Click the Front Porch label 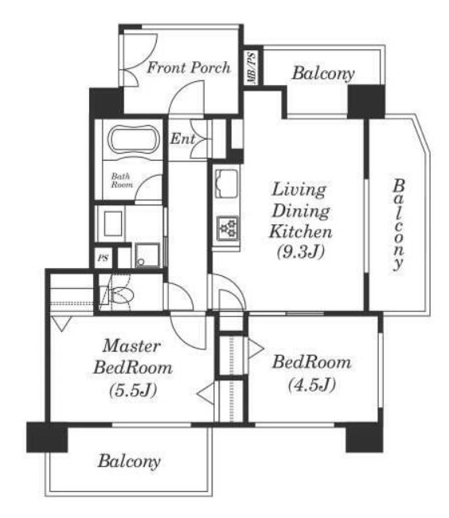point(189,68)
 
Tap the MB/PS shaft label point(252,68)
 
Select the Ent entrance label point(182,138)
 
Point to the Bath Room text point(121,181)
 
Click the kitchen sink point(227,183)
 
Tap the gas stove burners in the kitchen point(228,228)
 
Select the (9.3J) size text point(301,253)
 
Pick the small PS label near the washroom point(103,258)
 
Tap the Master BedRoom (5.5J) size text point(133,391)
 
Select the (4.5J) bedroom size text point(312,385)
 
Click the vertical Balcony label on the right point(398,224)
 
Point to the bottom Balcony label point(129,462)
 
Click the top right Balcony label point(323,73)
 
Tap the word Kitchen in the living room point(301,232)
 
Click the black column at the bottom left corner point(47,437)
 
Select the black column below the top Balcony point(366,101)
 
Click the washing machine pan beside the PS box point(147,255)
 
